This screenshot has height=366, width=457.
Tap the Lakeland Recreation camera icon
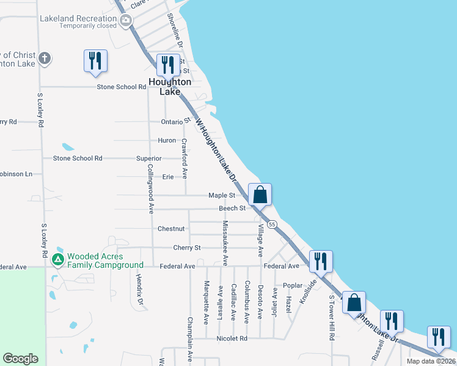(126, 22)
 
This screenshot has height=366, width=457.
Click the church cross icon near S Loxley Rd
(44, 59)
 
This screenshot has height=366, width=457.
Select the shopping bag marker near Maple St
(260, 195)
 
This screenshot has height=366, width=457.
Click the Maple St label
(222, 195)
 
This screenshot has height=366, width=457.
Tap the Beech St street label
(232, 208)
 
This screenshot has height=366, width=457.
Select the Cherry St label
(187, 248)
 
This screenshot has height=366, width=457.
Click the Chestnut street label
(171, 229)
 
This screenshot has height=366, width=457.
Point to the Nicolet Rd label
(232, 338)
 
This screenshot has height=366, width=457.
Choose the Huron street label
(167, 140)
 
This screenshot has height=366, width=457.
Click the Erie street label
(168, 177)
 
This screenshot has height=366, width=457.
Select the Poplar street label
(293, 285)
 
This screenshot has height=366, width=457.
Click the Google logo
(20, 359)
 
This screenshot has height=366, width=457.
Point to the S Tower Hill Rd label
(332, 318)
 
